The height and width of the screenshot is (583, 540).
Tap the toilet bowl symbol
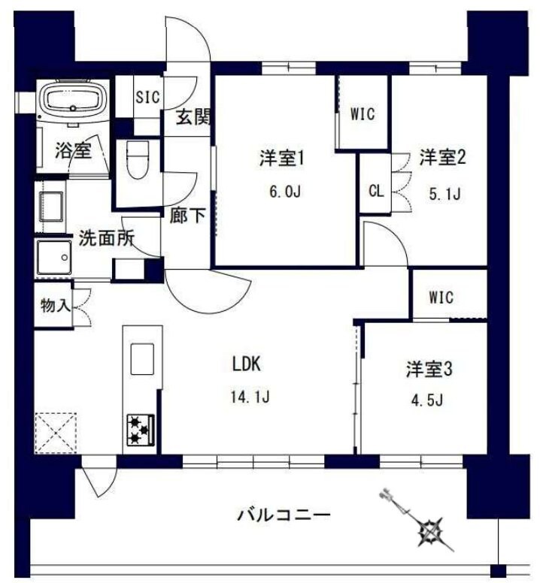[136, 159]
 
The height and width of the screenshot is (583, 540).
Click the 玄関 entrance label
[193, 118]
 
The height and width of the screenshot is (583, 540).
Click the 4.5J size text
[426, 398]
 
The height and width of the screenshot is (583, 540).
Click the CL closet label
[375, 189]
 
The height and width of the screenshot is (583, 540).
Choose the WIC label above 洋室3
[441, 297]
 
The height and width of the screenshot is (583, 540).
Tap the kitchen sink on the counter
[141, 359]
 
